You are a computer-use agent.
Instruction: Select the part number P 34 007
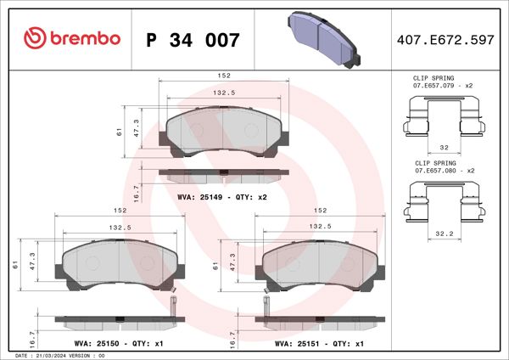[x=193, y=39]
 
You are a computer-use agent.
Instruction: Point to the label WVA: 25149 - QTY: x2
[x=222, y=197]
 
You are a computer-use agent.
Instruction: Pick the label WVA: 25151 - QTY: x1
[x=319, y=345]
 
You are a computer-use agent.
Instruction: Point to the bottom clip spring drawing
[x=445, y=200]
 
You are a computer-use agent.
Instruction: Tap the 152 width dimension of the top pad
[x=223, y=76]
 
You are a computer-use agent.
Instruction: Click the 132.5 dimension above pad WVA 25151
[x=319, y=227]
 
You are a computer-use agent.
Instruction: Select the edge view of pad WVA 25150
[x=119, y=323]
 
